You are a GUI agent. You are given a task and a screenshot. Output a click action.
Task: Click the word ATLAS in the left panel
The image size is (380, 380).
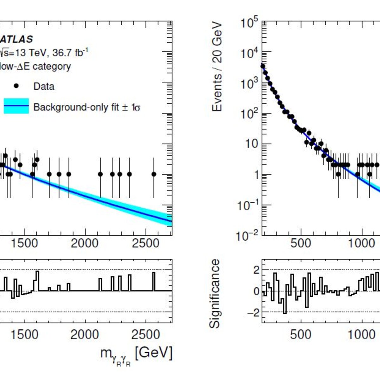click(x=16, y=40)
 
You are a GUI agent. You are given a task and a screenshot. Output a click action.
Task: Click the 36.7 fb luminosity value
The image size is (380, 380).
click(x=70, y=53)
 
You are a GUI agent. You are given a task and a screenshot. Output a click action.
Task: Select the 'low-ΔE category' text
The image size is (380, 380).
click(x=35, y=66)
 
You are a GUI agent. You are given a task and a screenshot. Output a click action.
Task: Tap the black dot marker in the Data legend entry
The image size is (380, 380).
click(x=16, y=86)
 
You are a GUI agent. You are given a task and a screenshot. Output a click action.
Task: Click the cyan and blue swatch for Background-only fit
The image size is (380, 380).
click(x=16, y=106)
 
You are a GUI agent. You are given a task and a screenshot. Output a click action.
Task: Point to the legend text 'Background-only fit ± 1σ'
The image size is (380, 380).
click(x=87, y=107)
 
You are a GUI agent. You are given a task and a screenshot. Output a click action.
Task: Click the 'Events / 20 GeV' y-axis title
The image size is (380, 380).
click(x=217, y=67)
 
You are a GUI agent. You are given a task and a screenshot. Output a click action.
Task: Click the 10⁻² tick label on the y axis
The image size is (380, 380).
click(x=248, y=236)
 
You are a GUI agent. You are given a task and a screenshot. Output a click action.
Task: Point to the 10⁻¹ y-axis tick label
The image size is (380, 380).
click(x=248, y=206)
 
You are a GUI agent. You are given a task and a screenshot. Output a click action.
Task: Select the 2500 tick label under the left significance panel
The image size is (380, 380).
click(x=146, y=335)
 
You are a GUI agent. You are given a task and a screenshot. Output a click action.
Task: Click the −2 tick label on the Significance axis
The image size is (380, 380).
click(x=253, y=313)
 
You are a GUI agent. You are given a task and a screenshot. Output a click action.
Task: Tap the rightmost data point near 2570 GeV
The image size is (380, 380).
click(x=154, y=174)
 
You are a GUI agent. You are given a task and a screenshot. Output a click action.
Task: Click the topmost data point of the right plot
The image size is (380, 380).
click(x=263, y=66)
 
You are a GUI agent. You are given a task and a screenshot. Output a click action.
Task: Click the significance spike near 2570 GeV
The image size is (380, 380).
click(x=154, y=282)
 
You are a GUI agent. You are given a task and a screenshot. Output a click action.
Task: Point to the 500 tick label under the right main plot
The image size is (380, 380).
click(x=301, y=243)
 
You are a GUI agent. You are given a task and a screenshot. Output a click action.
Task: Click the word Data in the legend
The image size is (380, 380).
click(x=44, y=86)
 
